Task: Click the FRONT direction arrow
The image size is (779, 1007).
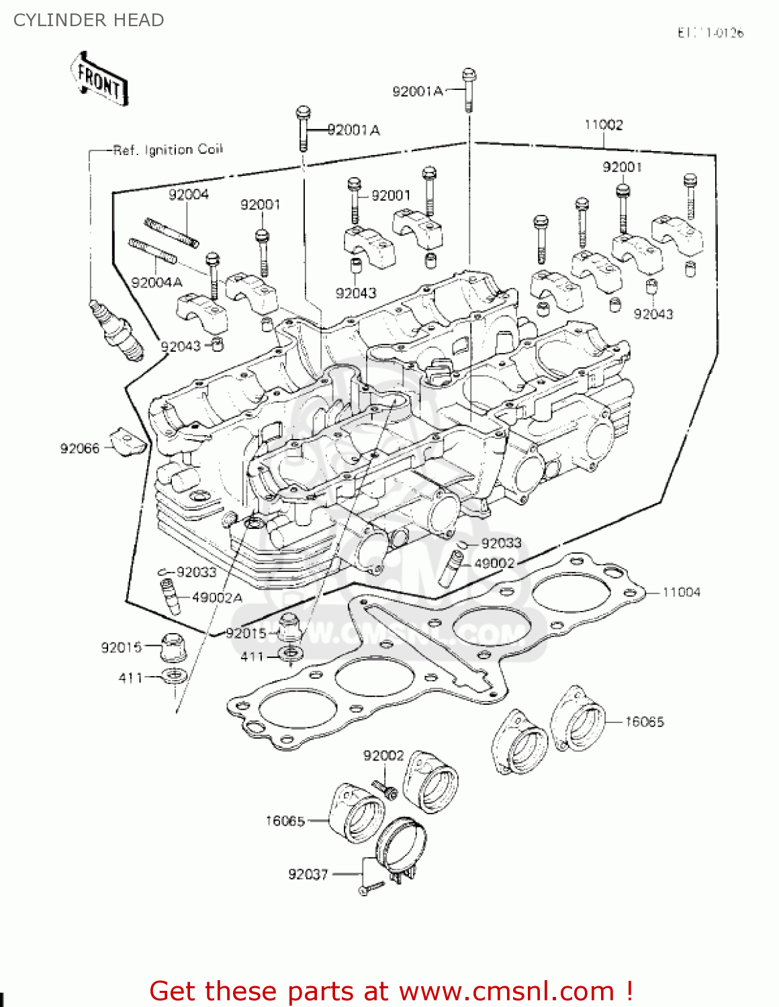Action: click(99, 79)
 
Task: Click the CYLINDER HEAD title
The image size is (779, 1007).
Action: click(89, 20)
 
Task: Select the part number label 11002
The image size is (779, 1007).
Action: click(603, 125)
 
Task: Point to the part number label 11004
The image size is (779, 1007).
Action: click(681, 592)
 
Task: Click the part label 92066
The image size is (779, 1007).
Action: click(79, 448)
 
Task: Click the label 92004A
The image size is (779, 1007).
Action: click(156, 283)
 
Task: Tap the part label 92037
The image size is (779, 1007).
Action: click(308, 874)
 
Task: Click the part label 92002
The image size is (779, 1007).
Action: click(383, 756)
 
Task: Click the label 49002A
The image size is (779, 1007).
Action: click(217, 597)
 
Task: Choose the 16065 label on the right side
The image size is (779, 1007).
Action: click(644, 722)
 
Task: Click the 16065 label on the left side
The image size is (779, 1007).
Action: click(285, 820)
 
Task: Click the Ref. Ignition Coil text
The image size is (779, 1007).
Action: click(168, 150)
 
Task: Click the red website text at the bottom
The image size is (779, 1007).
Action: click(391, 991)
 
